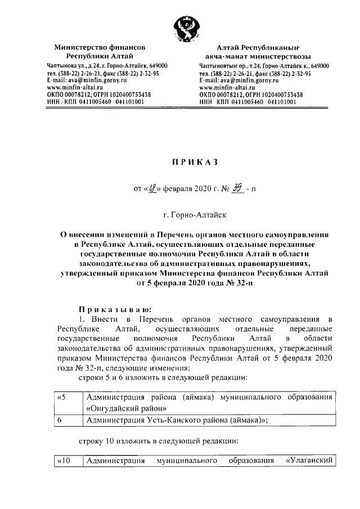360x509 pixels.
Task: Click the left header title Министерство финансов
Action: [100, 48]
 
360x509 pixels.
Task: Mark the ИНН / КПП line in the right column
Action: [250, 102]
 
